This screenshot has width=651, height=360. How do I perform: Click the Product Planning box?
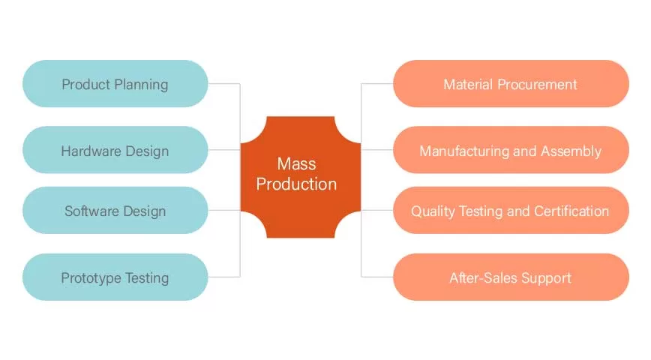coord(115,84)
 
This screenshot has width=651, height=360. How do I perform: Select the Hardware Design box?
coord(115,151)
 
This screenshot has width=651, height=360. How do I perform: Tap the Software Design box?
coord(115,211)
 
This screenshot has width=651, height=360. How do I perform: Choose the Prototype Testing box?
coord(115,277)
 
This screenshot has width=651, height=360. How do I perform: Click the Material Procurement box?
coord(510,84)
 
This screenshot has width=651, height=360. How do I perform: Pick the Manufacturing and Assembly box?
coord(510,151)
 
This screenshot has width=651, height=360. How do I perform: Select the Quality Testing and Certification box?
coord(510,211)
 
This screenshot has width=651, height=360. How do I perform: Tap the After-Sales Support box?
coord(510,277)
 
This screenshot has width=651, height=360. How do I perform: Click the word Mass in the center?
coord(297,163)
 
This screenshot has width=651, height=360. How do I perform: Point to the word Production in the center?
coord(297,184)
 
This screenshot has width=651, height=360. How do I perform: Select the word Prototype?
coord(90,277)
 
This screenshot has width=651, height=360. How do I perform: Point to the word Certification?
coord(571,211)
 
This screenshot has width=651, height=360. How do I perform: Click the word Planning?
coord(140,84)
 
